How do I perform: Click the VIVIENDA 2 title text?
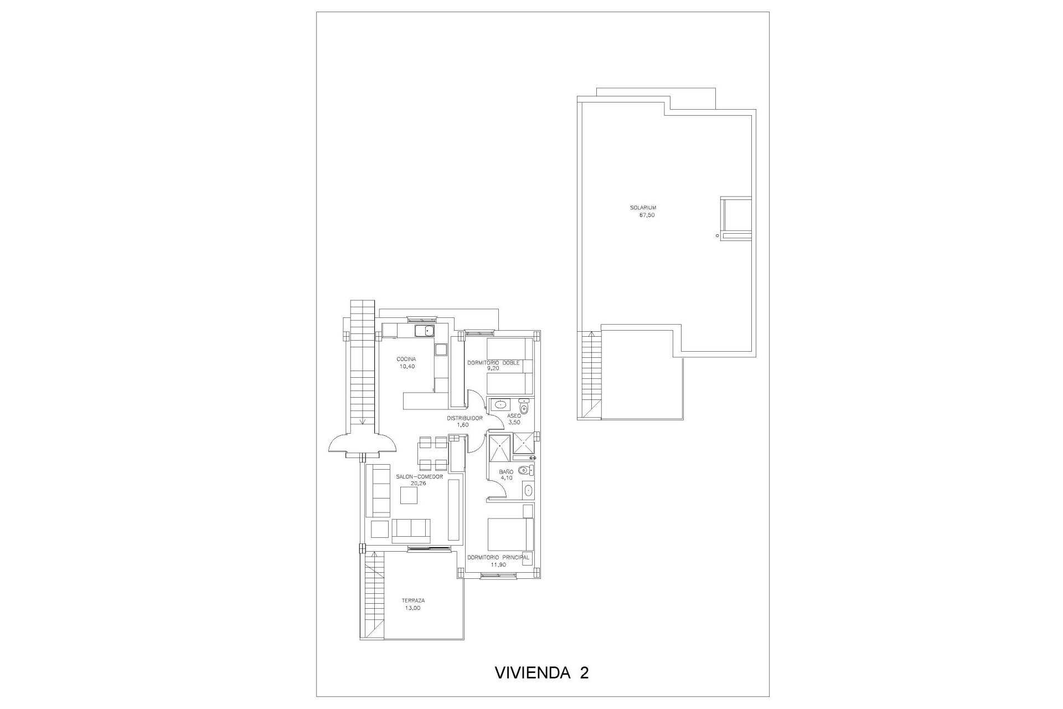tap(541, 672)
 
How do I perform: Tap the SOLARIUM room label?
tap(643, 208)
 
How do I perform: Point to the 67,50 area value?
tap(647, 215)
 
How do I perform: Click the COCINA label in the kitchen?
tap(406, 359)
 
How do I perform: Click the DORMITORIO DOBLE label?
tap(493, 363)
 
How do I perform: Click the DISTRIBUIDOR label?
tap(465, 418)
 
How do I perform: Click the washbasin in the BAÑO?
tap(528, 490)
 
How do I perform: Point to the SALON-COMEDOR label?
tap(419, 476)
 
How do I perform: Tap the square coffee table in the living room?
tap(410, 495)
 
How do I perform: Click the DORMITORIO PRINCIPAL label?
tap(498, 557)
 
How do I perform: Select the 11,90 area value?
tap(498, 565)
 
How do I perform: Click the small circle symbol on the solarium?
tap(718, 235)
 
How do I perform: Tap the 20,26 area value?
tap(418, 483)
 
